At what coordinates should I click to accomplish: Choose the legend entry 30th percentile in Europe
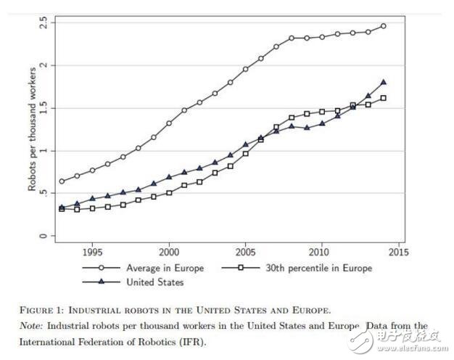point(317,268)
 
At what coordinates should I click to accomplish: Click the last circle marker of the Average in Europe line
point(384,26)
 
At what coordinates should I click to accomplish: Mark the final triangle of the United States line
point(384,82)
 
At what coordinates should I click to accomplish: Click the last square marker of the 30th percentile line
point(384,98)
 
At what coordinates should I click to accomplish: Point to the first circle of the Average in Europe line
point(62,181)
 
